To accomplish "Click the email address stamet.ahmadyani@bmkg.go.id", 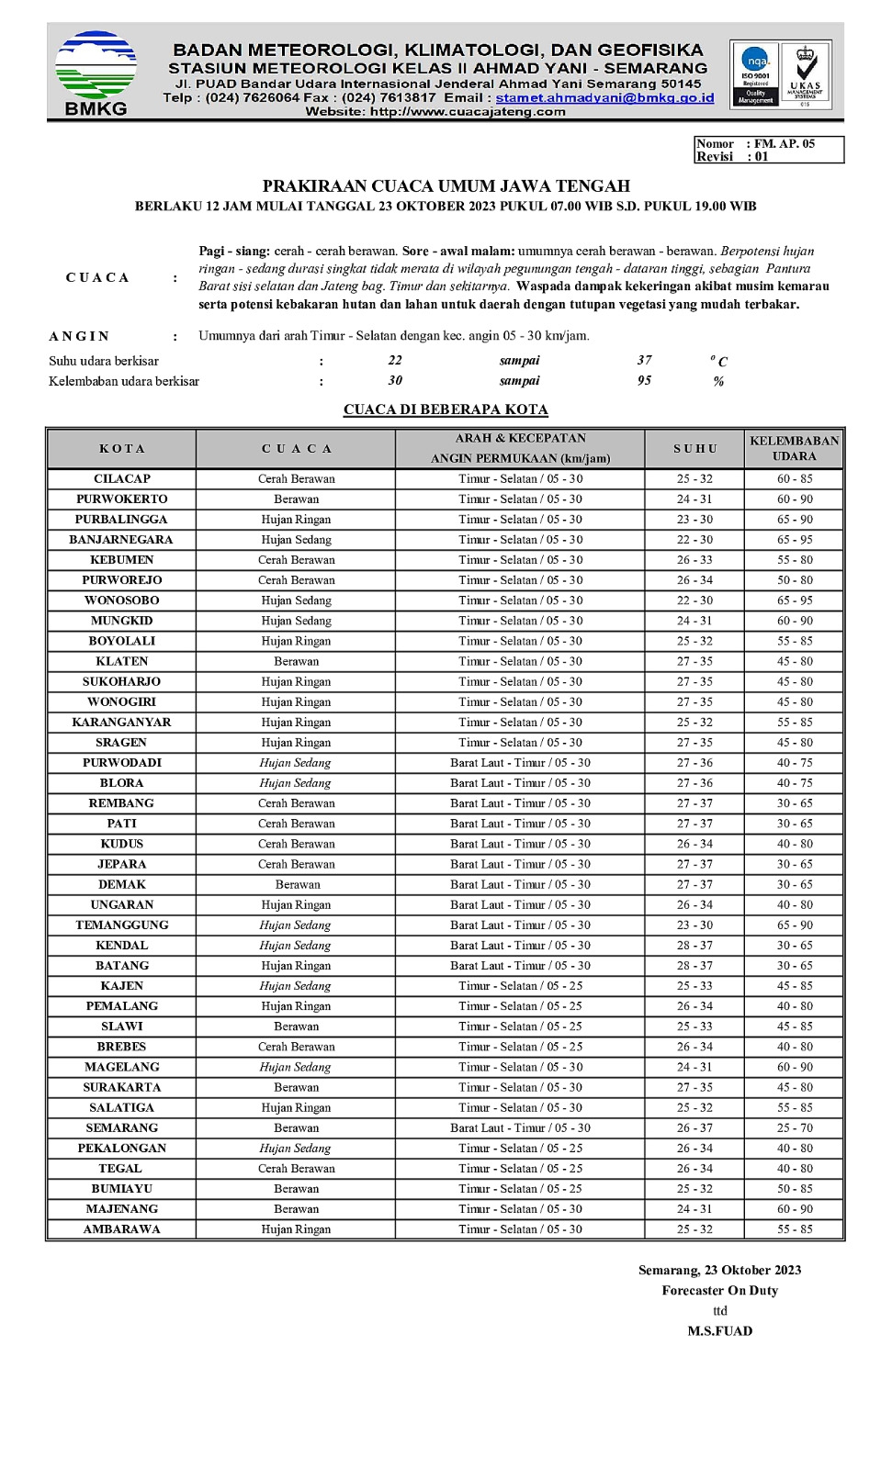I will click(x=604, y=97).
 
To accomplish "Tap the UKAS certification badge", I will click(x=805, y=74).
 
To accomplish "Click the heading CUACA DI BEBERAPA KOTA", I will click(x=446, y=409).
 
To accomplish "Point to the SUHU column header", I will click(x=694, y=449).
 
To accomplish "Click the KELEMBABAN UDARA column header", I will click(x=794, y=449).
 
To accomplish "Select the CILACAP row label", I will click(x=121, y=479).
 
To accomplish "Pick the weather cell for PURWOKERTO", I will click(x=296, y=499).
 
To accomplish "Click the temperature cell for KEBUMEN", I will click(x=694, y=560).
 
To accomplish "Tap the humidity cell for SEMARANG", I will click(x=794, y=1128).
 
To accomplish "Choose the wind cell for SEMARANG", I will click(x=520, y=1128).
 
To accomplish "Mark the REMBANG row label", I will click(x=121, y=803).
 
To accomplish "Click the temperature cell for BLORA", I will click(x=694, y=783).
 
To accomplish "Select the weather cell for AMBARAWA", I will click(x=296, y=1229).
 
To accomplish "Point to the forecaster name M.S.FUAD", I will click(x=719, y=1331).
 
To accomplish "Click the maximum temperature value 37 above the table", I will click(x=644, y=361).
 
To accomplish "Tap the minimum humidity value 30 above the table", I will click(x=395, y=381).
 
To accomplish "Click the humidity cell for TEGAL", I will click(x=794, y=1169).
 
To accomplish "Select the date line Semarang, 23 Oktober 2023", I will click(x=719, y=1271).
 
